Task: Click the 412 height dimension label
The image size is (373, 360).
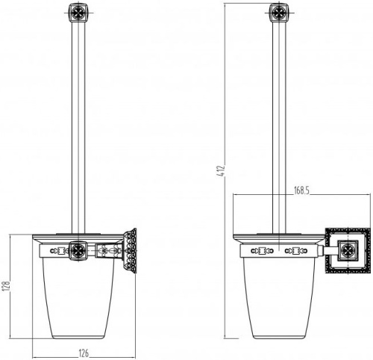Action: [221, 170]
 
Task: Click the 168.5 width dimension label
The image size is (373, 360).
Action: [301, 190]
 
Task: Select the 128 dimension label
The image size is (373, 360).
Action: [6, 286]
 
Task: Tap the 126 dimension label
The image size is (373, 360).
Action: [84, 353]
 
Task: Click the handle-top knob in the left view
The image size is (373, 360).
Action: [78, 12]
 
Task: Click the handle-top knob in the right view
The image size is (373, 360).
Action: [279, 12]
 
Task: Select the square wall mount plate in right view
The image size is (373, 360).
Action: [348, 250]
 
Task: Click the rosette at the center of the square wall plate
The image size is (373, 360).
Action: [348, 250]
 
